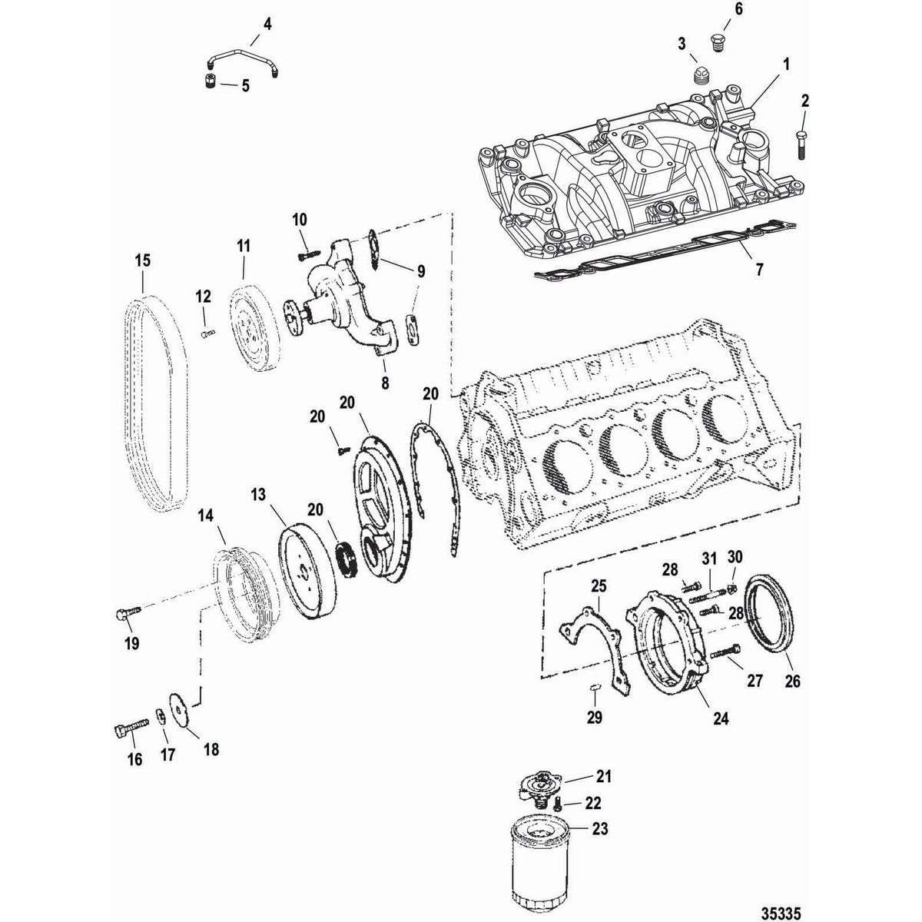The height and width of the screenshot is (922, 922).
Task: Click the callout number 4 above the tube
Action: pos(267,25)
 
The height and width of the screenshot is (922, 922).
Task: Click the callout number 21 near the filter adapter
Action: pos(604,777)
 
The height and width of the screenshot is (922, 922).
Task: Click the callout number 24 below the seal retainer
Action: pos(720,720)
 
